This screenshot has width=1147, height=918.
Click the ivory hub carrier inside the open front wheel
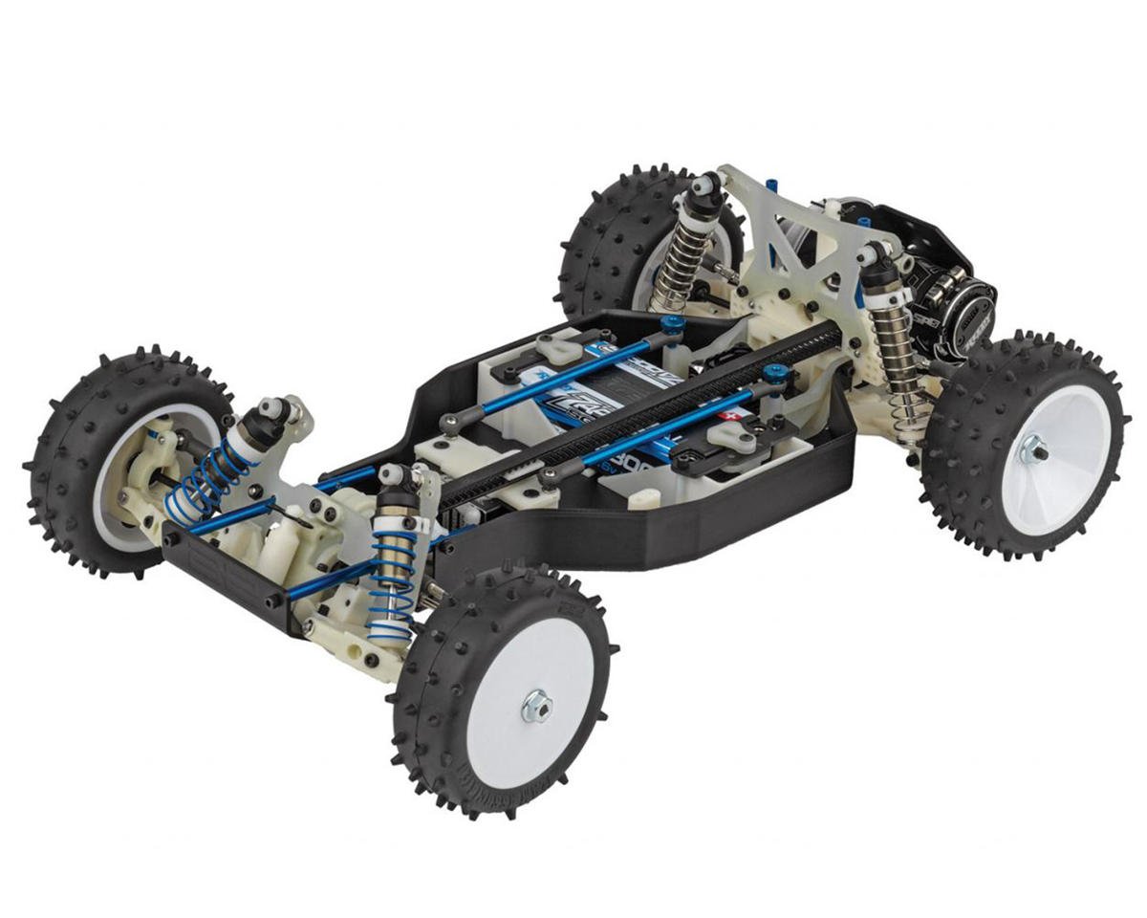(143, 488)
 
